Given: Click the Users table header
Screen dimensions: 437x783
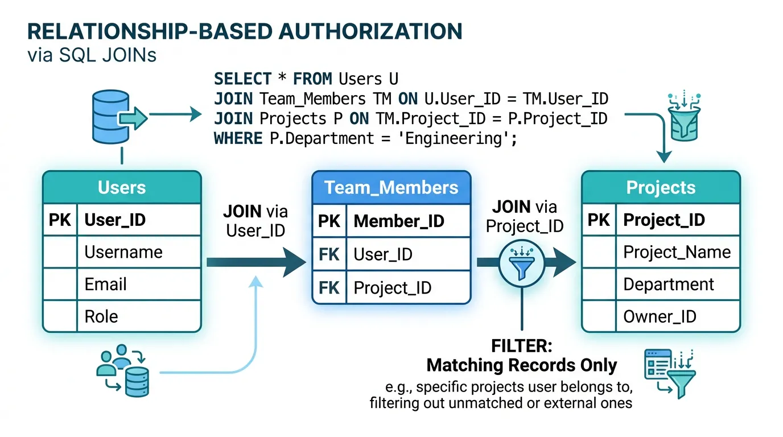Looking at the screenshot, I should (122, 188).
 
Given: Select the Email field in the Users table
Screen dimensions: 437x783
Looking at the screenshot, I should (105, 284).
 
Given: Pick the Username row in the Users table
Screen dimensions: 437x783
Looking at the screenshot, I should (123, 252).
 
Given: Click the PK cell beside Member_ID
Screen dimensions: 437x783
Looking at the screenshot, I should (329, 221).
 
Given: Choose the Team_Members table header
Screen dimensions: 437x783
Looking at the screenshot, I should (391, 188).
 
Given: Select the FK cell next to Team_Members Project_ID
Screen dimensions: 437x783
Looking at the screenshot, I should (329, 287).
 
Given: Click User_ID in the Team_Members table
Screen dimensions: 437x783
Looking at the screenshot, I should (382, 254).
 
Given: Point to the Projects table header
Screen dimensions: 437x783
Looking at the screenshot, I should (661, 188).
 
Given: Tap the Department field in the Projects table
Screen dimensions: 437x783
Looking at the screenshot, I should (669, 284).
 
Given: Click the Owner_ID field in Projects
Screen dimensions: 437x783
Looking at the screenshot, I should (660, 316).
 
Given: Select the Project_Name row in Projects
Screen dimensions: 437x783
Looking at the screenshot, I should (677, 252).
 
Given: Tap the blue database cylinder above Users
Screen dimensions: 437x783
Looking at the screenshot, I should (111, 118).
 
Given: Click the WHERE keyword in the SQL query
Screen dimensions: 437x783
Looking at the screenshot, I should (238, 138).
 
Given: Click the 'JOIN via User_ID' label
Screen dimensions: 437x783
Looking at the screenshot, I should (255, 221).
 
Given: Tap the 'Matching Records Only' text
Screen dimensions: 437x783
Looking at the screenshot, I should (522, 365).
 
